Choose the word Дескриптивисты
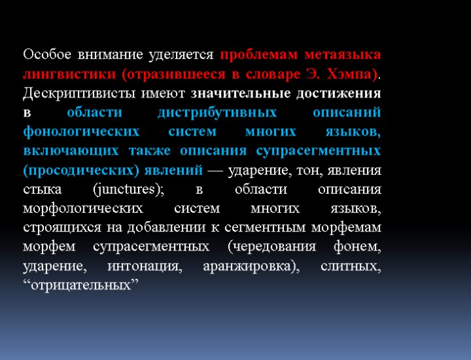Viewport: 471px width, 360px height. pyautogui.click(x=72, y=92)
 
